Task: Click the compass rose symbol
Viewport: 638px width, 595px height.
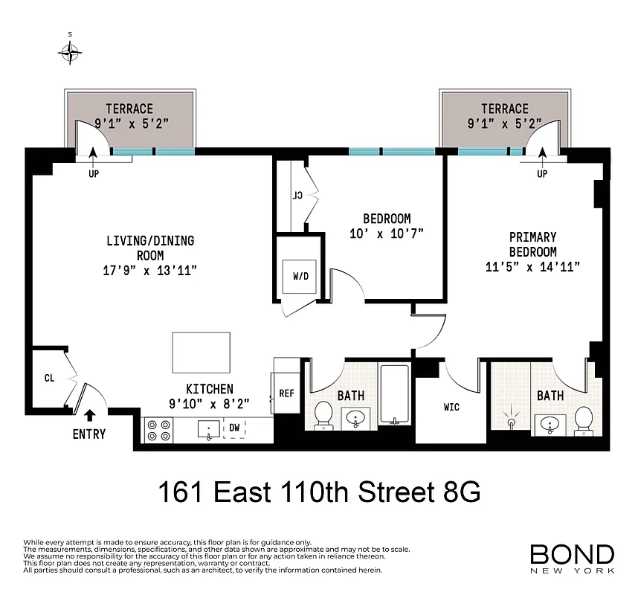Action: pyautogui.click(x=71, y=51)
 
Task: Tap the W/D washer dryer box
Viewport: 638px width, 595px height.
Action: pyautogui.click(x=300, y=277)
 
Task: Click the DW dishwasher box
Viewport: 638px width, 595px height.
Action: pyautogui.click(x=234, y=428)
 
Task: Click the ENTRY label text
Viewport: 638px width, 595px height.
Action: pyautogui.click(x=88, y=434)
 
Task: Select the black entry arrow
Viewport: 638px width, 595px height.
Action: pyautogui.click(x=90, y=415)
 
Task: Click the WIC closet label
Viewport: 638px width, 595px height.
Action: pyautogui.click(x=451, y=407)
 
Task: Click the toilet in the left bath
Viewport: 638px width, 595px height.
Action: pyautogui.click(x=323, y=415)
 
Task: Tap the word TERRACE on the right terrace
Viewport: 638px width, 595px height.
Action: pyautogui.click(x=504, y=109)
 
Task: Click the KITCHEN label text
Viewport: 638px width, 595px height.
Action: pyautogui.click(x=209, y=389)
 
